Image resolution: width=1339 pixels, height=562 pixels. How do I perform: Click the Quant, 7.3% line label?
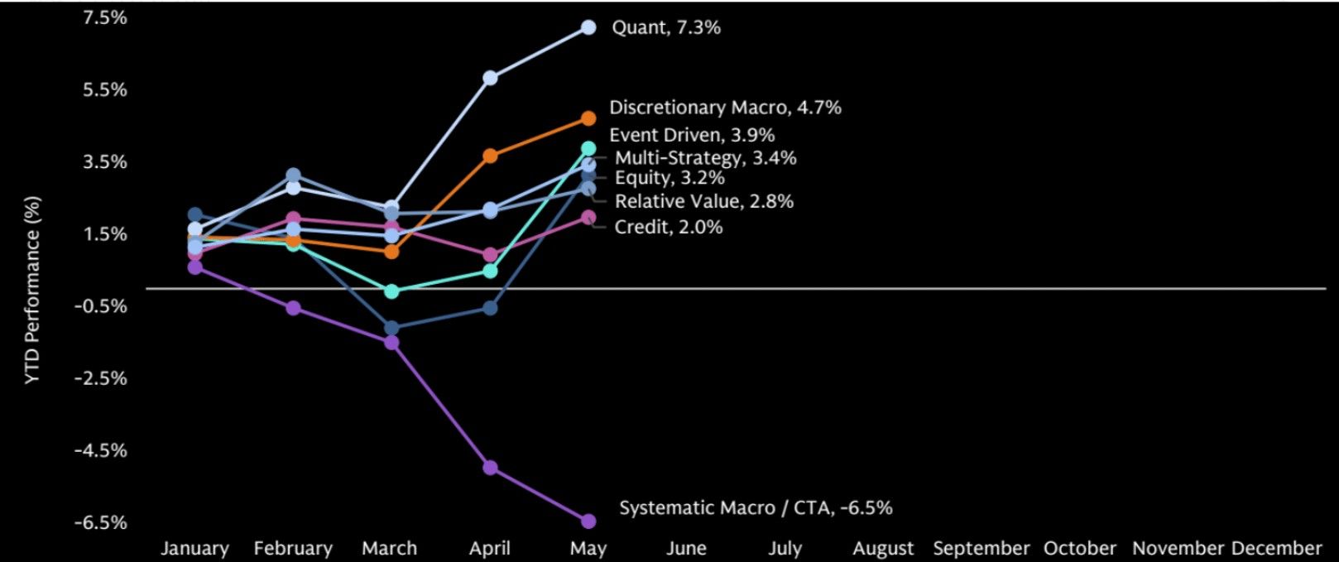tap(666, 27)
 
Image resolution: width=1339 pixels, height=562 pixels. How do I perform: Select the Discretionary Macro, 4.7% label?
tap(725, 108)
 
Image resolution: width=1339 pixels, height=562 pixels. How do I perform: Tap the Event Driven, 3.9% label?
tap(692, 135)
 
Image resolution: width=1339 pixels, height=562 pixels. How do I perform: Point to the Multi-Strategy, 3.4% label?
tap(705, 158)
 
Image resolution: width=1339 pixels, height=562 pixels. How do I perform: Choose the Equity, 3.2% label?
tap(669, 178)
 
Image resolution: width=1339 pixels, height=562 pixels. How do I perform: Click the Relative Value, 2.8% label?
tap(704, 201)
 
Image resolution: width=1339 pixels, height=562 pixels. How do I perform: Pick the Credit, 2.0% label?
tap(669, 227)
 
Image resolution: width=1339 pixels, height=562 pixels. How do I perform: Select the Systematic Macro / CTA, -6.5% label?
tap(756, 508)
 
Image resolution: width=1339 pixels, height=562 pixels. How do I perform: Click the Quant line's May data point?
tap(588, 27)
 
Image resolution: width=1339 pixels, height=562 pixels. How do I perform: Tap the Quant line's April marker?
tap(490, 78)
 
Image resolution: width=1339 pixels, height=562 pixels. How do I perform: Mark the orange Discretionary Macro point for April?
tap(490, 156)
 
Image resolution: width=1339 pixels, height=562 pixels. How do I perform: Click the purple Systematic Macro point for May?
tap(588, 521)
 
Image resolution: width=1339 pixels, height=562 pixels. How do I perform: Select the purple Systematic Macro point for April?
tap(490, 468)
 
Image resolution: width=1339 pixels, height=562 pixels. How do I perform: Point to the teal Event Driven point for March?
tap(391, 291)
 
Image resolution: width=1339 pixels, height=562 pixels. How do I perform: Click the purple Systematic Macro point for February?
tap(293, 308)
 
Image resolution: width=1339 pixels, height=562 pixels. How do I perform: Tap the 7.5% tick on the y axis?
tap(105, 18)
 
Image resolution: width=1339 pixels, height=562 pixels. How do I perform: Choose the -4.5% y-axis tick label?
tap(100, 450)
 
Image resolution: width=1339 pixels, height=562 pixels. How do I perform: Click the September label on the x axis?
tap(981, 548)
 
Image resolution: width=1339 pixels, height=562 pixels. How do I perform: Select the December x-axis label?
tap(1277, 548)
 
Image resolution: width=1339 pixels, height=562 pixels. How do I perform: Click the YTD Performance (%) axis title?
tap(33, 291)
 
